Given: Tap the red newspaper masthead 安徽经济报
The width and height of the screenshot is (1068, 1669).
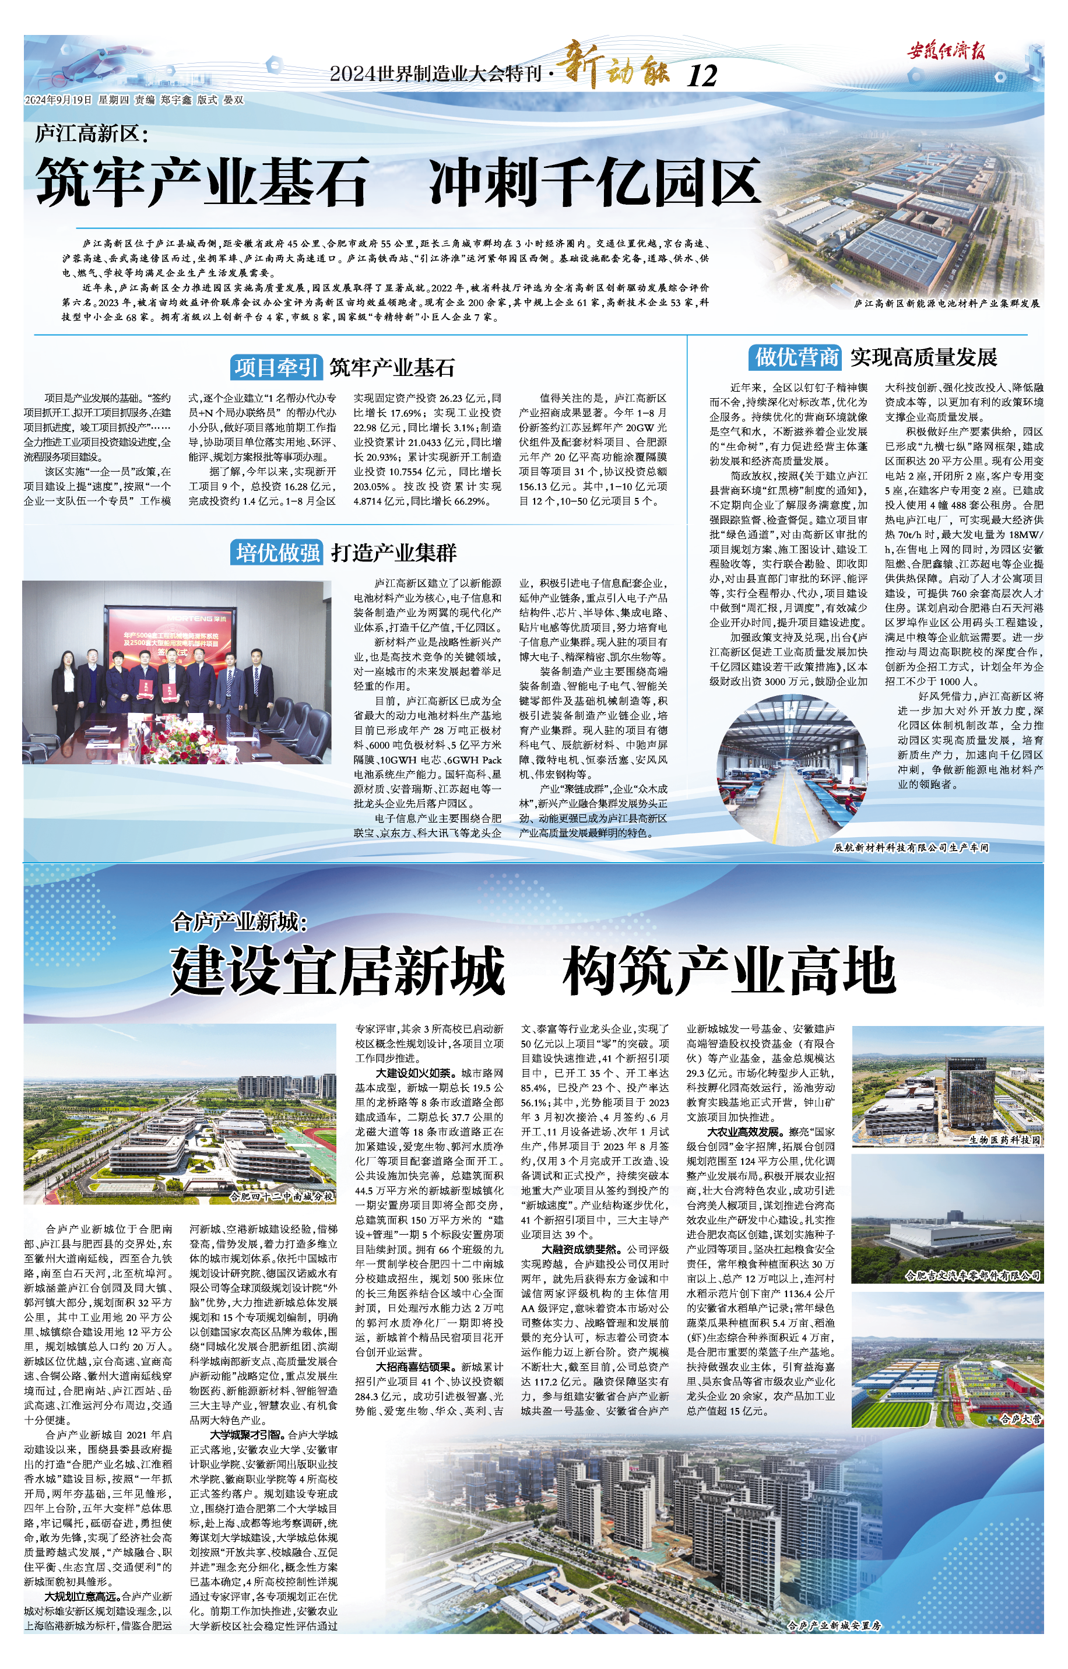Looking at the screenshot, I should coord(946,51).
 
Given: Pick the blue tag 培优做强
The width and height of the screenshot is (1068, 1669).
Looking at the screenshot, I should coord(277,553).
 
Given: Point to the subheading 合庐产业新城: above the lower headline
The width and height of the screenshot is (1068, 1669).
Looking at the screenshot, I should coord(239,922).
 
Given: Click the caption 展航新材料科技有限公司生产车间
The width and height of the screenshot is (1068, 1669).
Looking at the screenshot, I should coord(911,848).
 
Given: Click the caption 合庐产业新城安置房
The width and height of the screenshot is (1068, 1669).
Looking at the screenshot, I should coord(834,1626).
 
